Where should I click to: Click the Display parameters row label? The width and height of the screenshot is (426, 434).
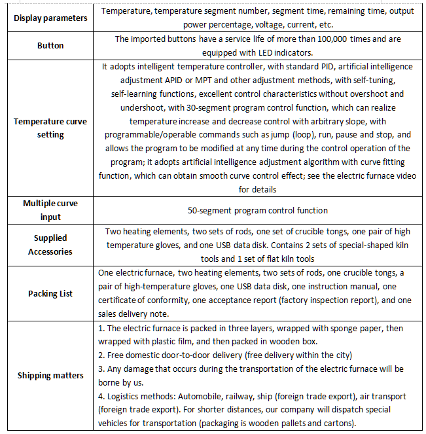50,18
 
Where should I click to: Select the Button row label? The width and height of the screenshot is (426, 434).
50,46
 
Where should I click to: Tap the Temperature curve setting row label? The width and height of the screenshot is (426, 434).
50,128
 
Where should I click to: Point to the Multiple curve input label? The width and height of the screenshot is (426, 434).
50,210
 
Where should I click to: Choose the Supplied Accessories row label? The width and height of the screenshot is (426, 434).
50,245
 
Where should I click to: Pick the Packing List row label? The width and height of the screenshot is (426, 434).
50,293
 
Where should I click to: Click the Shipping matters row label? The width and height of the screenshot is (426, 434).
50,375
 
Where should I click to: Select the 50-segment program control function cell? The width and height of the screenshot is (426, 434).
258,210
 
